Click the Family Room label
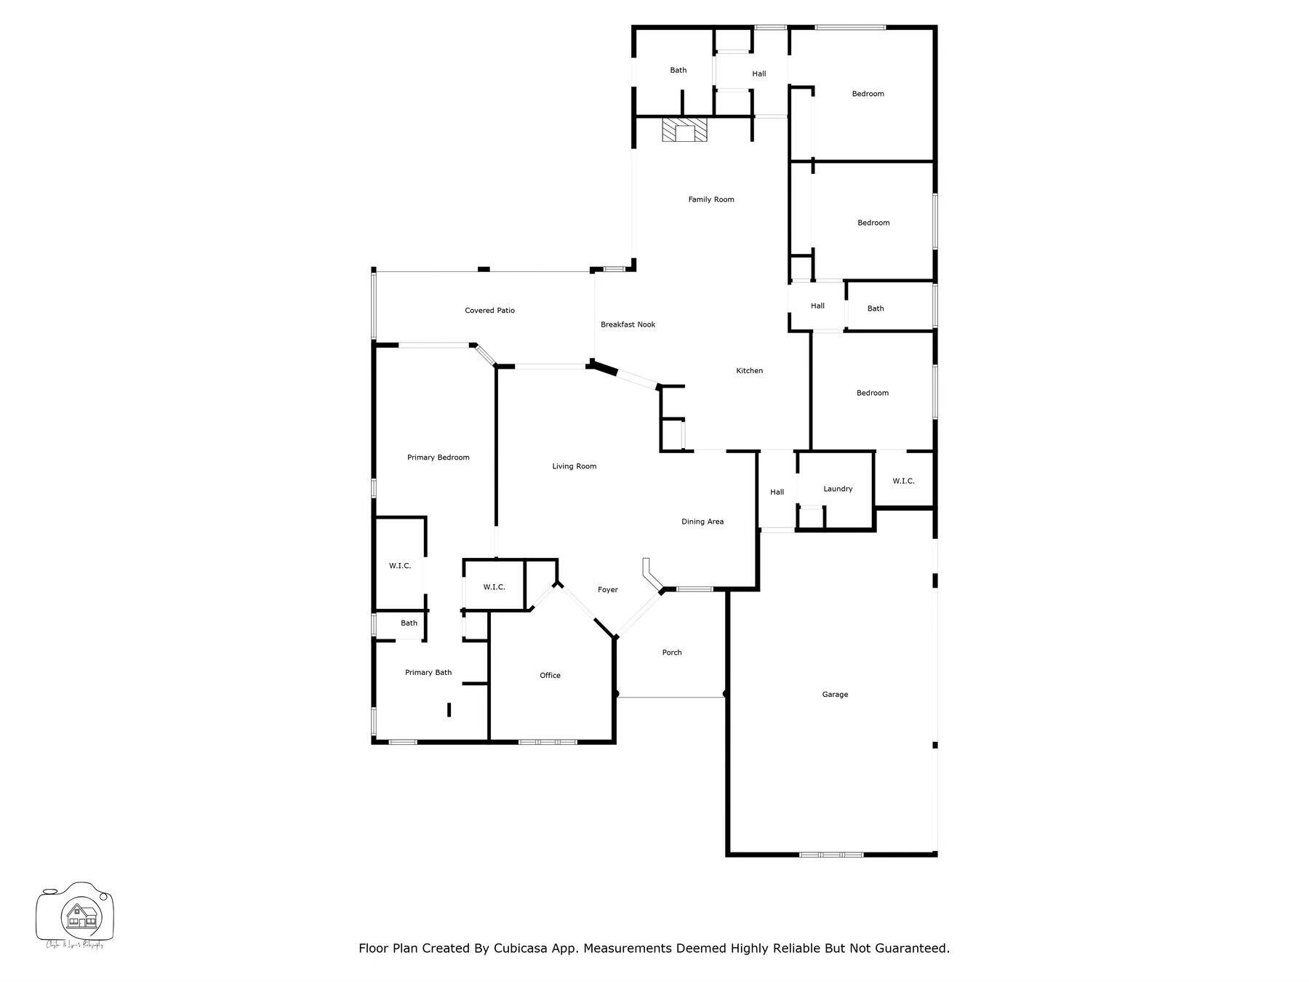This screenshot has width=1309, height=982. (x=710, y=199)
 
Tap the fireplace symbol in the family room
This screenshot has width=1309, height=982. (x=684, y=131)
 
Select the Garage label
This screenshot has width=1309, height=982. (x=835, y=695)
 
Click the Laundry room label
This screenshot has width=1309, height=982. (x=838, y=489)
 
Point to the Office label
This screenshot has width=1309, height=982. (x=550, y=676)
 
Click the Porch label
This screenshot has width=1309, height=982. (x=671, y=652)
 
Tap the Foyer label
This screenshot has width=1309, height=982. (x=607, y=590)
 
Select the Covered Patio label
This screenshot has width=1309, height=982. (x=489, y=311)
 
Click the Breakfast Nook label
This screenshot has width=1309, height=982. (x=628, y=324)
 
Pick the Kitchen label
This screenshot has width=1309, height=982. (x=749, y=371)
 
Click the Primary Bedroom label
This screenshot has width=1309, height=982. (x=438, y=458)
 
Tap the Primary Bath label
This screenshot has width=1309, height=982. (x=428, y=673)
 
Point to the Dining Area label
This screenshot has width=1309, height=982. (x=702, y=522)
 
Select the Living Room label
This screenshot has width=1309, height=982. (x=574, y=466)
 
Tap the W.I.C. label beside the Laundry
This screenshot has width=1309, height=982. (x=903, y=481)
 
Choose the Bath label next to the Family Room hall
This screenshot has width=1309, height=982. (x=678, y=71)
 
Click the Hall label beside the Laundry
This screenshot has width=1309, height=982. (x=777, y=492)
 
